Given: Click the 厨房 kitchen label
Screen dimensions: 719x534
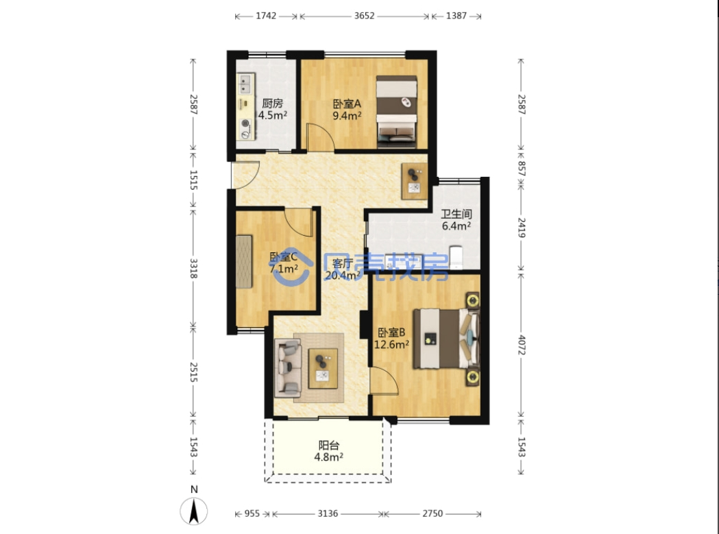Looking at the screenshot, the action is pyautogui.click(x=272, y=104).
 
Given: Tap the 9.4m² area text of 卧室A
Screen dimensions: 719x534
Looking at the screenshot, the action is pyautogui.click(x=347, y=116).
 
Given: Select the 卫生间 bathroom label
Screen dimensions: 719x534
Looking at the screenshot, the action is pyautogui.click(x=456, y=214).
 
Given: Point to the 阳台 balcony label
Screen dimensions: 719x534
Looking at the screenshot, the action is pyautogui.click(x=329, y=445).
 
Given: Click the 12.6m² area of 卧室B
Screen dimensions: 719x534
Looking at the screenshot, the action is pyautogui.click(x=391, y=344).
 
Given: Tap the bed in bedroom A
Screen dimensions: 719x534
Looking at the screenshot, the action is pyautogui.click(x=397, y=112).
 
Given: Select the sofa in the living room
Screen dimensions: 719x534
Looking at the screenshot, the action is pyautogui.click(x=287, y=368).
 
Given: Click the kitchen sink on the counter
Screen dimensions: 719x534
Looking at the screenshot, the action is pyautogui.click(x=245, y=84).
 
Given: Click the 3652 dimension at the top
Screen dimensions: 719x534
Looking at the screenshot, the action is pyautogui.click(x=364, y=16).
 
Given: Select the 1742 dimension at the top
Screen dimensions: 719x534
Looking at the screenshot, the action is pyautogui.click(x=266, y=16).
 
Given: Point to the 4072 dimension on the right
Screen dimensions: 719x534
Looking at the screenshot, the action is pyautogui.click(x=522, y=345).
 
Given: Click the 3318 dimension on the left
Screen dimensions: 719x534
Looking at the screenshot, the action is pyautogui.click(x=193, y=269).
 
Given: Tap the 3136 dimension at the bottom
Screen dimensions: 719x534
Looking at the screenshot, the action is pyautogui.click(x=328, y=513).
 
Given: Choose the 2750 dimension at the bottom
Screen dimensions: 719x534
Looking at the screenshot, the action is pyautogui.click(x=432, y=513).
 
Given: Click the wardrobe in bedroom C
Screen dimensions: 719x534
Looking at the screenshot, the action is pyautogui.click(x=244, y=261).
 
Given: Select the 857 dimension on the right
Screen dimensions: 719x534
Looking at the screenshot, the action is pyautogui.click(x=522, y=169).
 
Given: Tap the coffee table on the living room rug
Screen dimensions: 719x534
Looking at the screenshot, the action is pyautogui.click(x=323, y=368).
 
